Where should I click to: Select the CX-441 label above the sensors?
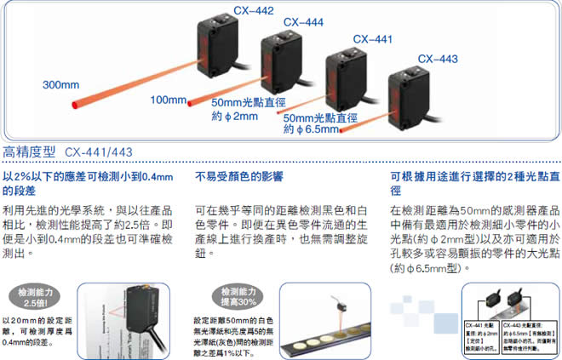372,38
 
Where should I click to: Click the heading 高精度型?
29,152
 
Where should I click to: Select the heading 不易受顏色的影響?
239,177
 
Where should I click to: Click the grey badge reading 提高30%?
227,300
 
